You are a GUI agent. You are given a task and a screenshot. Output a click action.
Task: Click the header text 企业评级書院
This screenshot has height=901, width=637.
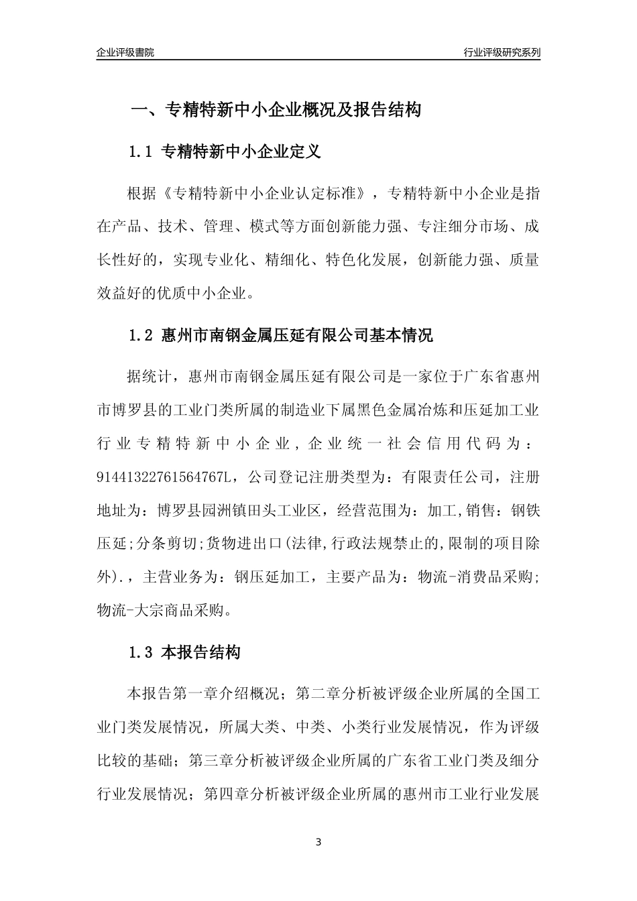(125, 52)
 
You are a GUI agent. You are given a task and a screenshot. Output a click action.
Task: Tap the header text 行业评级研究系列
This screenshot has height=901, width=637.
(502, 52)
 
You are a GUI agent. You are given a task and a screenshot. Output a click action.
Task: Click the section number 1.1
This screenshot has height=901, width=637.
(141, 152)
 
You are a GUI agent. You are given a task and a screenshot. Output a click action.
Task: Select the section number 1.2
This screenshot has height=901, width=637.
(141, 336)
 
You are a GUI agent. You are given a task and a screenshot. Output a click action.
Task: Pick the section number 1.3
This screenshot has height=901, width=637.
(141, 652)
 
